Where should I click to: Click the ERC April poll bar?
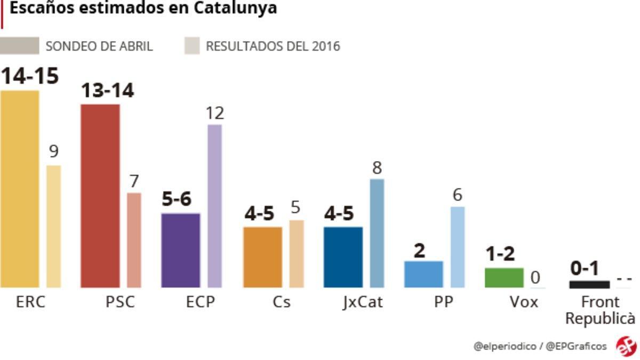(x=20, y=189)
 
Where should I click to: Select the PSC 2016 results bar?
(x=134, y=240)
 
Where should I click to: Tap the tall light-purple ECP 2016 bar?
(x=214, y=206)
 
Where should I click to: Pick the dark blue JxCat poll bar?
(x=343, y=257)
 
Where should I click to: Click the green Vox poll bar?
(x=504, y=277)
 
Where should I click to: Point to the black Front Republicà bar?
(x=589, y=284)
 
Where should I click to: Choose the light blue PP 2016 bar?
(x=457, y=247)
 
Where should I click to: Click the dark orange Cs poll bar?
(x=262, y=257)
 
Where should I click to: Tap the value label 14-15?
(x=29, y=76)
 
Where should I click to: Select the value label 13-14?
(x=107, y=91)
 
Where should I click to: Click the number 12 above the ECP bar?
(x=215, y=113)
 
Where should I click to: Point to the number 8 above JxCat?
(x=377, y=168)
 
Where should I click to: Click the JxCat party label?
(x=363, y=302)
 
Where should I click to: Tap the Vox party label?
(x=524, y=302)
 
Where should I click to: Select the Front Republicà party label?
(x=600, y=310)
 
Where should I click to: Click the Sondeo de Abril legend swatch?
(x=20, y=46)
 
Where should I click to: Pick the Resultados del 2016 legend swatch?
(x=192, y=46)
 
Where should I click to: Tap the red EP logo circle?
(x=626, y=346)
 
